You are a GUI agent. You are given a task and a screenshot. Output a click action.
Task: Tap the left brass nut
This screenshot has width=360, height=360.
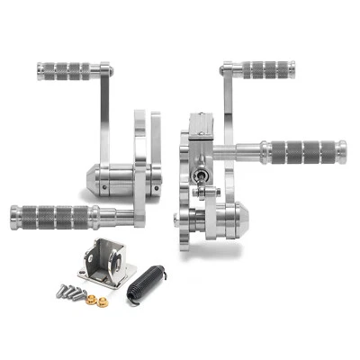[x=80, y=293]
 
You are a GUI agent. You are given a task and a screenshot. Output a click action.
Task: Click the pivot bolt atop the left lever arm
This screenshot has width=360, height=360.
[x=105, y=67]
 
